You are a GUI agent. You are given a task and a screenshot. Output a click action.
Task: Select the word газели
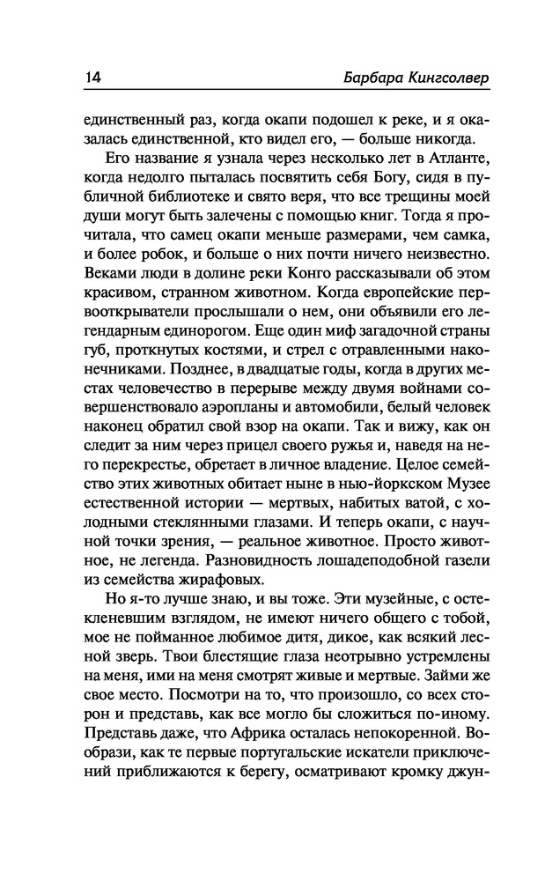447,555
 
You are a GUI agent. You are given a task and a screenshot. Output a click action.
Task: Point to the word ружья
337,445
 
